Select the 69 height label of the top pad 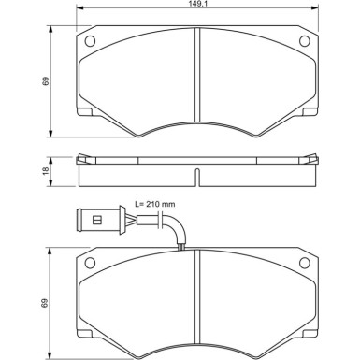coord(45,82)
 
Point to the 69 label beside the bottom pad coord(45,302)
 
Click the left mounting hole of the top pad coord(90,41)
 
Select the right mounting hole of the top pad coord(303,41)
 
